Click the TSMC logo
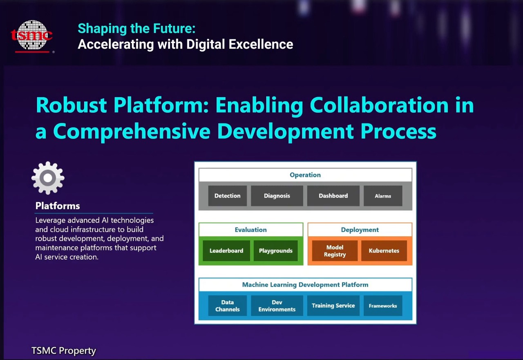pyautogui.click(x=32, y=36)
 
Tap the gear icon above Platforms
pyautogui.click(x=48, y=178)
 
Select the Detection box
pyautogui.click(x=228, y=196)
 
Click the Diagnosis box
pyautogui.click(x=277, y=196)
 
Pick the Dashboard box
pyautogui.click(x=333, y=196)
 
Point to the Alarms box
pyautogui.click(x=383, y=196)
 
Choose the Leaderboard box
pyautogui.click(x=226, y=250)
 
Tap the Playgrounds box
pyautogui.click(x=275, y=250)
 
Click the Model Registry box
pyautogui.click(x=335, y=250)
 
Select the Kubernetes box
pyautogui.click(x=384, y=250)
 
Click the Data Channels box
pyautogui.click(x=228, y=306)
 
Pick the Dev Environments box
pyautogui.click(x=277, y=306)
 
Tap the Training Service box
pyautogui.click(x=333, y=306)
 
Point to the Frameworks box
pyautogui.click(x=383, y=306)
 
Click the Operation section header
pyautogui.click(x=305, y=175)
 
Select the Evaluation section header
pyautogui.click(x=251, y=230)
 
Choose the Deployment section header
pyautogui.click(x=360, y=230)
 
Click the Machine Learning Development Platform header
pyautogui.click(x=305, y=284)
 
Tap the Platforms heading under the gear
pyautogui.click(x=58, y=206)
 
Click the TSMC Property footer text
pyautogui.click(x=64, y=351)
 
